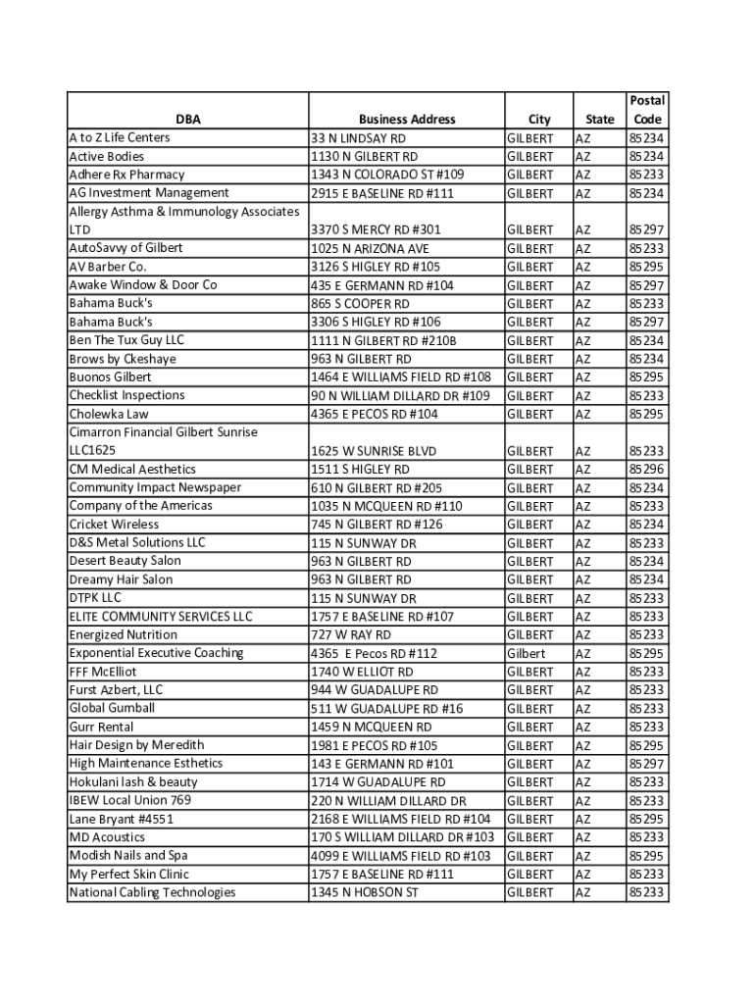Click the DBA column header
[188, 120]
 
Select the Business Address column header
[407, 120]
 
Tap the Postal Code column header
[647, 110]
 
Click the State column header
[599, 120]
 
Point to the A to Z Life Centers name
[120, 137]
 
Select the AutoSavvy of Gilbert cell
[126, 248]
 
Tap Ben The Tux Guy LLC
[126, 340]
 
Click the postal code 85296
[647, 470]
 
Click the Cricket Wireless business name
[114, 525]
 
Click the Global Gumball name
[112, 708]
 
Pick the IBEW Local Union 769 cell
[130, 800]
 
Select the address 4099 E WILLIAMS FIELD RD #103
[401, 856]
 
